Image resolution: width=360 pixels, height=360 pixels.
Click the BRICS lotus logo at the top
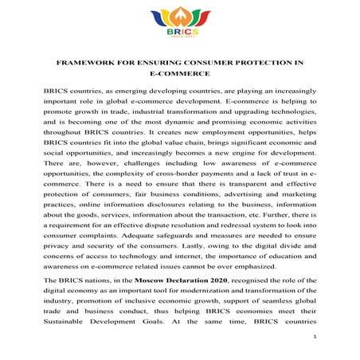click(180, 24)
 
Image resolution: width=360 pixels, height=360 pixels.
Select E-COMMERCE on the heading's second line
click(179, 74)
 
